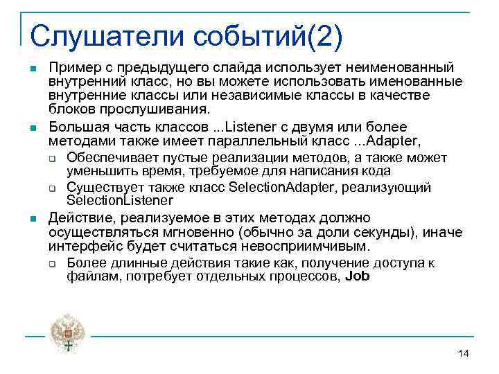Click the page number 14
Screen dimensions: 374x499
pyautogui.click(x=464, y=354)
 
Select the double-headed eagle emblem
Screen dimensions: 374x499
pyautogui.click(x=68, y=335)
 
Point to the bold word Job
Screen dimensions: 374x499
pyautogui.click(x=357, y=276)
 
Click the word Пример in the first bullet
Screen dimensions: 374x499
pyautogui.click(x=70, y=67)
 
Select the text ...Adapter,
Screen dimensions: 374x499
pyautogui.click(x=389, y=141)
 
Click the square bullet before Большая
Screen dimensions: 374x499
pyautogui.click(x=33, y=128)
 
